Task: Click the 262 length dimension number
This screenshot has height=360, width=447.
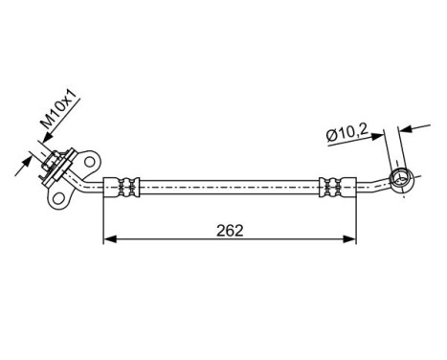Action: [230, 231]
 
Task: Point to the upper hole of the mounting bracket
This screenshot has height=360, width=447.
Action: [93, 158]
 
